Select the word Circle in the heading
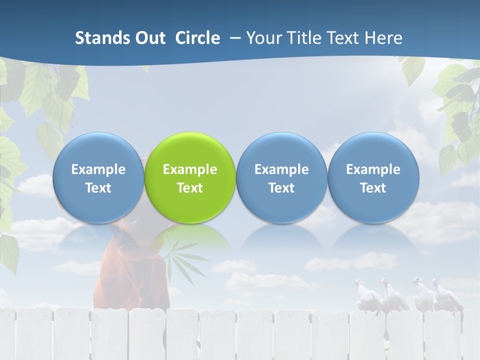point(197,38)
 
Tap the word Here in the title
point(383,38)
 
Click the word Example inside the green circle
point(190,169)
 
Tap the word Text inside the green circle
point(190,188)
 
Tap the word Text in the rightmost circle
point(373,188)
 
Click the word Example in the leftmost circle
point(98,169)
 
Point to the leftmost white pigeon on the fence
point(364,295)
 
